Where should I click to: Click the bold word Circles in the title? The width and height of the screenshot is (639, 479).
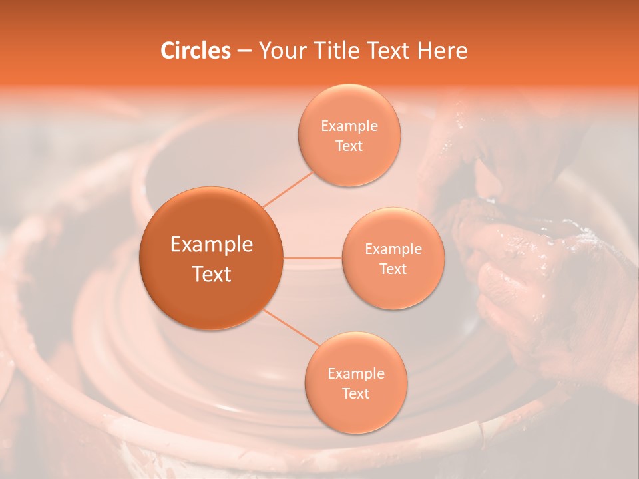195,51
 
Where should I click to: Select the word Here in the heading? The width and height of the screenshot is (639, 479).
442,51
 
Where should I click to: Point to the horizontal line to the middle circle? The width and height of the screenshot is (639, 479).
313,258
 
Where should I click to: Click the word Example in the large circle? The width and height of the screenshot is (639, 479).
212,245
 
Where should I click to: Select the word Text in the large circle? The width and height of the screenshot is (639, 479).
212,274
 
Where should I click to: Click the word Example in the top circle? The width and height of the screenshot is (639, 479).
349,126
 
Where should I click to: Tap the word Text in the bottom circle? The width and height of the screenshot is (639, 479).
355,393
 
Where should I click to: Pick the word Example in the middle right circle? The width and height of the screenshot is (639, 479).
393,249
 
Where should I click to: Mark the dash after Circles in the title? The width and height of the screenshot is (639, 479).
244,51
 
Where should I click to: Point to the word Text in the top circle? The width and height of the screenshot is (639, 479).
349,146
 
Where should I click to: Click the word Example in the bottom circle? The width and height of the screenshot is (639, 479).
356,374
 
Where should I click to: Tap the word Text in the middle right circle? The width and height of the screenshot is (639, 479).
393,269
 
